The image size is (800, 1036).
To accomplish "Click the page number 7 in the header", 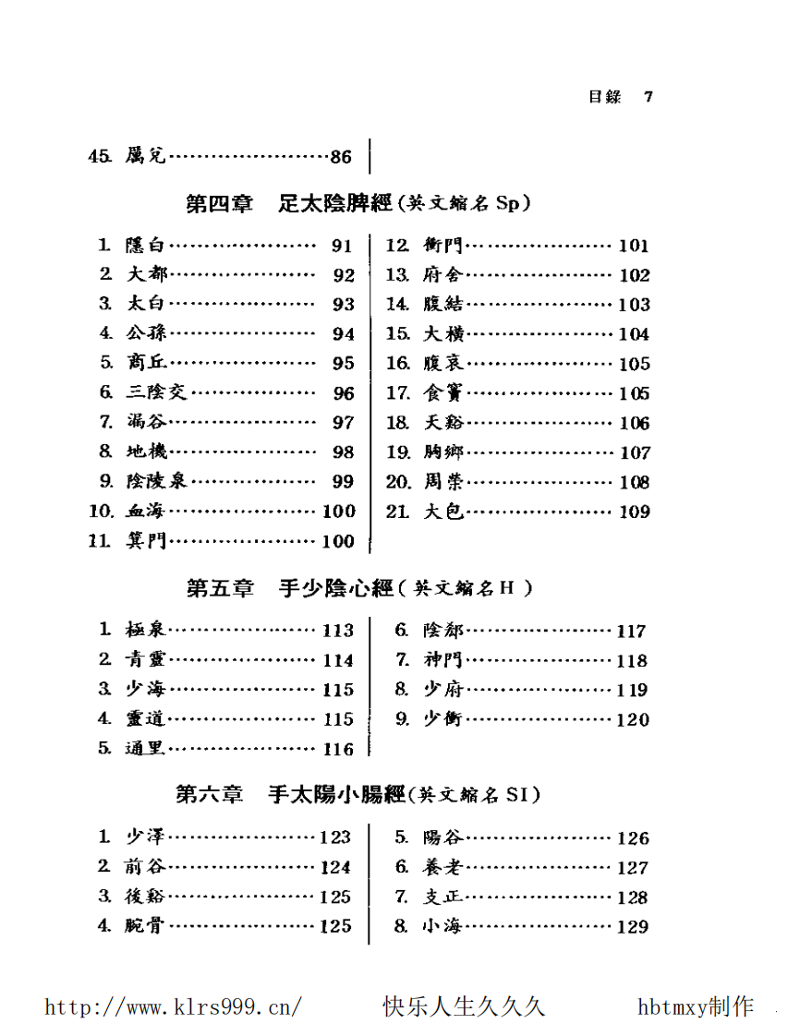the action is coord(648,97).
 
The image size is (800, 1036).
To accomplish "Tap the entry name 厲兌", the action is coord(146,157).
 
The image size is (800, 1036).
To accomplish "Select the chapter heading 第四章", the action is coord(219,204).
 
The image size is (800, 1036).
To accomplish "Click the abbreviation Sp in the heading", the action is coord(508,204).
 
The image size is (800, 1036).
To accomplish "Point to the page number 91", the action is coord(343,246).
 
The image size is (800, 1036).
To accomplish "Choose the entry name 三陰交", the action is coord(156,392).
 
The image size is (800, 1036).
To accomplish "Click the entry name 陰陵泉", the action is coord(156,481).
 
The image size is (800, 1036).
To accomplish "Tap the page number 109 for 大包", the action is coord(634,512).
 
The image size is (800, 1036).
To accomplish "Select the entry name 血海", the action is coord(146,511).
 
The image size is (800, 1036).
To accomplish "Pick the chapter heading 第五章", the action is coord(219,588).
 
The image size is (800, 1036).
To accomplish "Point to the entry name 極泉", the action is coord(146,631).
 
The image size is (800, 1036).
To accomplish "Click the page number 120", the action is coord(633,719).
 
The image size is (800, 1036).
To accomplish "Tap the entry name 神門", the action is coord(443,660).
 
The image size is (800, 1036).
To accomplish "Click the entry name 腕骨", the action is coord(146,926).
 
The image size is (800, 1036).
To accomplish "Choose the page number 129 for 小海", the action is coord(633,927).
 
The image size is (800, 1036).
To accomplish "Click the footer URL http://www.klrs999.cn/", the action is coord(173,1006).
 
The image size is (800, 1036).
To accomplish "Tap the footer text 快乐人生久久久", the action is coord(464,1006).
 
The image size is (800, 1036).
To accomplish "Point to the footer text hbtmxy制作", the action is coord(696,1006).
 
